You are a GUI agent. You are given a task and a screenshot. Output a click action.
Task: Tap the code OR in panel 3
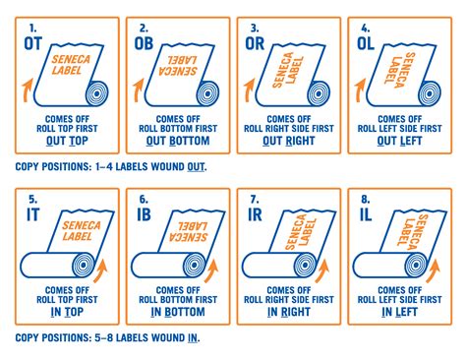[x=257, y=42]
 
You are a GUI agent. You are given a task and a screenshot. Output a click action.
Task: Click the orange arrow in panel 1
[x=26, y=93]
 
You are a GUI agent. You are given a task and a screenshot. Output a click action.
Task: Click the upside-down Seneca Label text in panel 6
[x=179, y=227]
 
